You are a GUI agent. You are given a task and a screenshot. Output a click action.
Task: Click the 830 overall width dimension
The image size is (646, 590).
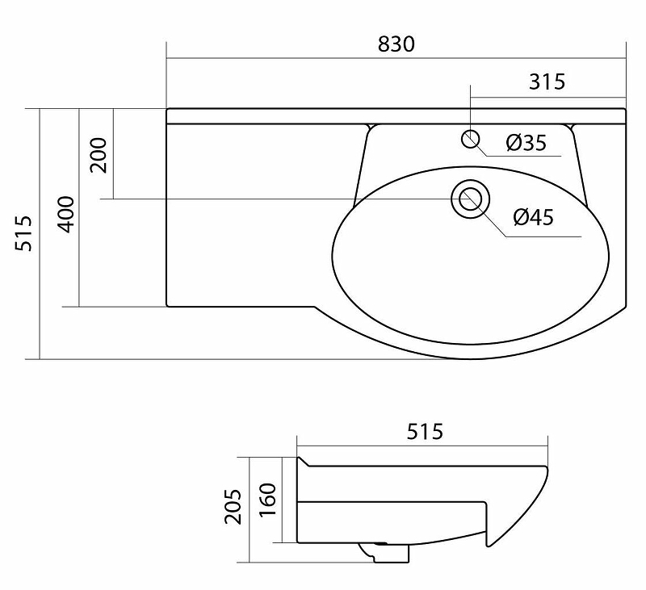point(396,44)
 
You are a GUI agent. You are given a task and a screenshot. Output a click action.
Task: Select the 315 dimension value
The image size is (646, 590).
point(547,82)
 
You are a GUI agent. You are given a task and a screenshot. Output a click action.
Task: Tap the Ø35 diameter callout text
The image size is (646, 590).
point(526,144)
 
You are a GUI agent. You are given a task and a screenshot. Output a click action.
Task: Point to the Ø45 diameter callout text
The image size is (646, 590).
point(533,217)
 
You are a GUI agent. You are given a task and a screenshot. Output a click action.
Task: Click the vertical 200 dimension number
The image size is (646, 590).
point(99,155)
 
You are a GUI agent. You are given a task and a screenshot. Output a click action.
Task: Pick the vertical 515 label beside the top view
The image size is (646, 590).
point(24,233)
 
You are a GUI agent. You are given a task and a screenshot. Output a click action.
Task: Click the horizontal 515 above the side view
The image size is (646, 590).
point(424,432)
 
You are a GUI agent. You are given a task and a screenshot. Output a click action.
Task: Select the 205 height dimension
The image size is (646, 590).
point(233,506)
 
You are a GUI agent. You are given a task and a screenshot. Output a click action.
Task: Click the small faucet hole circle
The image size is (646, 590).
point(471,139)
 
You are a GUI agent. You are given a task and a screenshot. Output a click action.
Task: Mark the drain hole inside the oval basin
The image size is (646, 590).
point(468,199)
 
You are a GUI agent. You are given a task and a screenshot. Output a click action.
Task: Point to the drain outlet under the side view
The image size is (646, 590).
point(385,553)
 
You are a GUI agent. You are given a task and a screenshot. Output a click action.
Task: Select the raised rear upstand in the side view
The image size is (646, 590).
point(304,463)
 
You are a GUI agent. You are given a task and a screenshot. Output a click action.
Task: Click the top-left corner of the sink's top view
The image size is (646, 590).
point(168,110)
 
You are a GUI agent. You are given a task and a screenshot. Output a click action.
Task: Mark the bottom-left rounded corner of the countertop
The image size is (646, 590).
point(169,304)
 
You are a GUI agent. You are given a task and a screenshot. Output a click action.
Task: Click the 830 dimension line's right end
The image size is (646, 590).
point(626,58)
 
